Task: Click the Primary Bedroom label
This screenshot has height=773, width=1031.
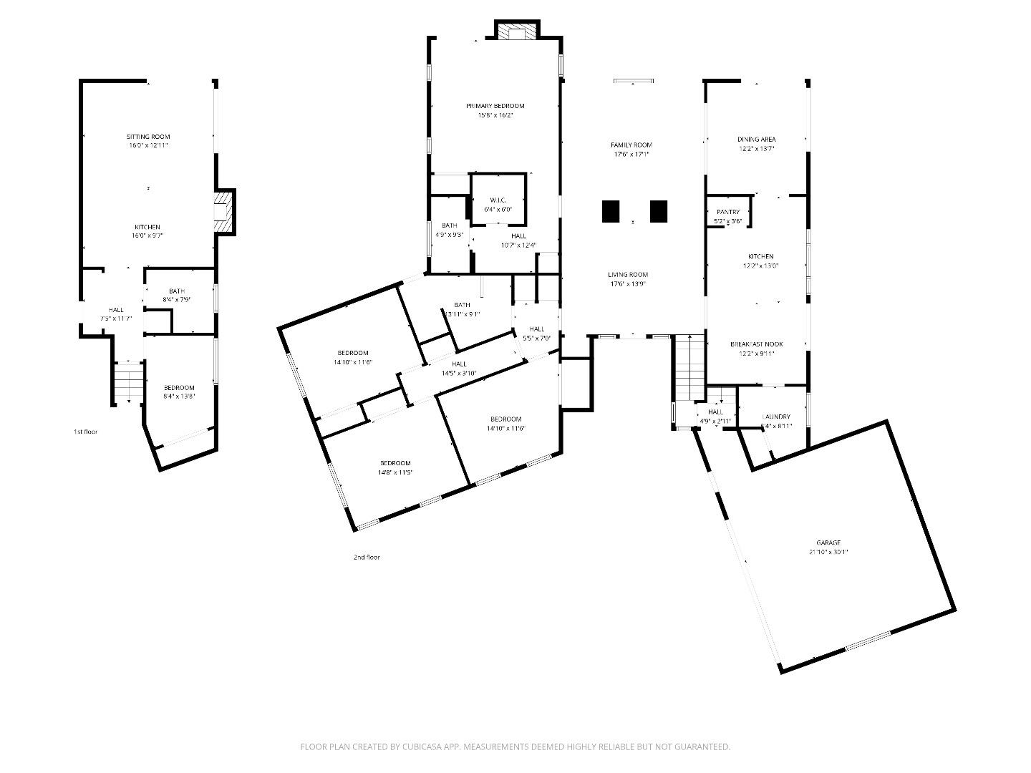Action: [495, 106]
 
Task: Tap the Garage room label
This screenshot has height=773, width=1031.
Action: [828, 543]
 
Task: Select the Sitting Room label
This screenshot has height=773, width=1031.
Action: [148, 136]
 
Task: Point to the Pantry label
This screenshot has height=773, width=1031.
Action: [727, 212]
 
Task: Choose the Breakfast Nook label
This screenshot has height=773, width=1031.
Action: [756, 344]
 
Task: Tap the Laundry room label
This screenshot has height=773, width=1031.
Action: [776, 417]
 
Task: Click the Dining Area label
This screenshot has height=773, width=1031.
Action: [756, 140]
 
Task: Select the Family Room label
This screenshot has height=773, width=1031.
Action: [631, 145]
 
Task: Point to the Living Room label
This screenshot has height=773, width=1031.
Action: [628, 275]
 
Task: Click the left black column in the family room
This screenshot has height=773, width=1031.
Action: [610, 211]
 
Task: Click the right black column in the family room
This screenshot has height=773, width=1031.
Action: [659, 211]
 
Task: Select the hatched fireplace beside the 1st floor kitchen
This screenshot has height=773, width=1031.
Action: [225, 211]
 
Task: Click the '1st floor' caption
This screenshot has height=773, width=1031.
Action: [85, 432]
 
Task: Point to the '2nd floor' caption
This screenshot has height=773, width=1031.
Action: [367, 557]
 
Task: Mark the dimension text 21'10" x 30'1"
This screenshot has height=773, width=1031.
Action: [828, 552]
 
